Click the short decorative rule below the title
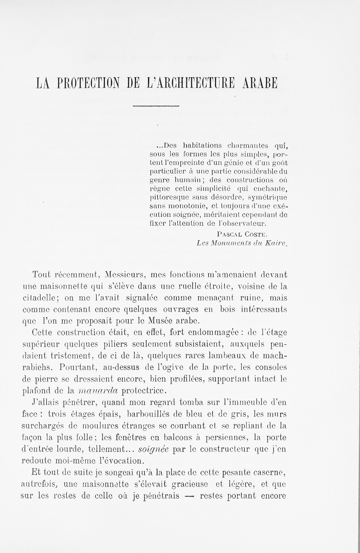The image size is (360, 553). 156,106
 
